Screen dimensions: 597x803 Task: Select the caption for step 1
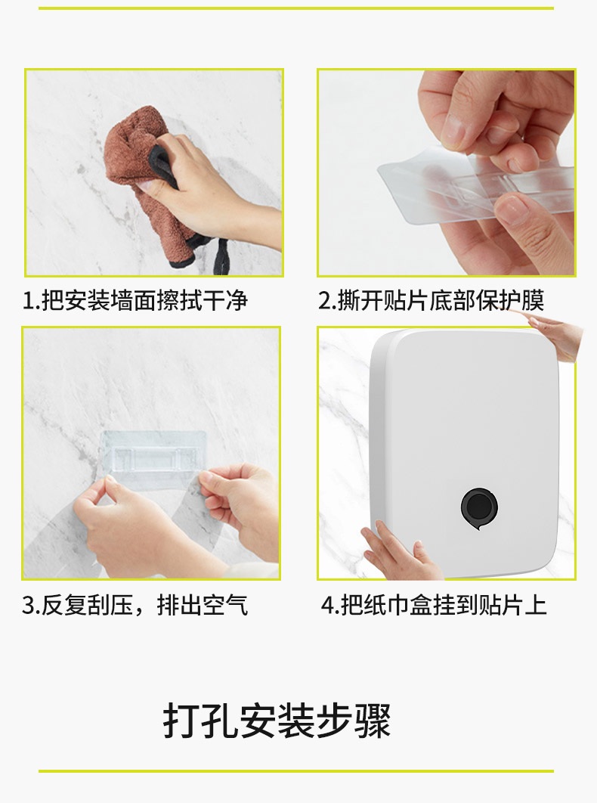tap(135, 301)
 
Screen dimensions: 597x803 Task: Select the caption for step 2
tap(431, 301)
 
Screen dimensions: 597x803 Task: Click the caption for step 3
tap(135, 606)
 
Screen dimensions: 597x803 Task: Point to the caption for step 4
tap(435, 606)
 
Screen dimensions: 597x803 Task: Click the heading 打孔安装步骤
tap(277, 721)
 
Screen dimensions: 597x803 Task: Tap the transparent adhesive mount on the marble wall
tap(153, 453)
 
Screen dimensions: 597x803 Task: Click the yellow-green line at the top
tap(296, 8)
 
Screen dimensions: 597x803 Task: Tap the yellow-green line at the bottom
tap(296, 771)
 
